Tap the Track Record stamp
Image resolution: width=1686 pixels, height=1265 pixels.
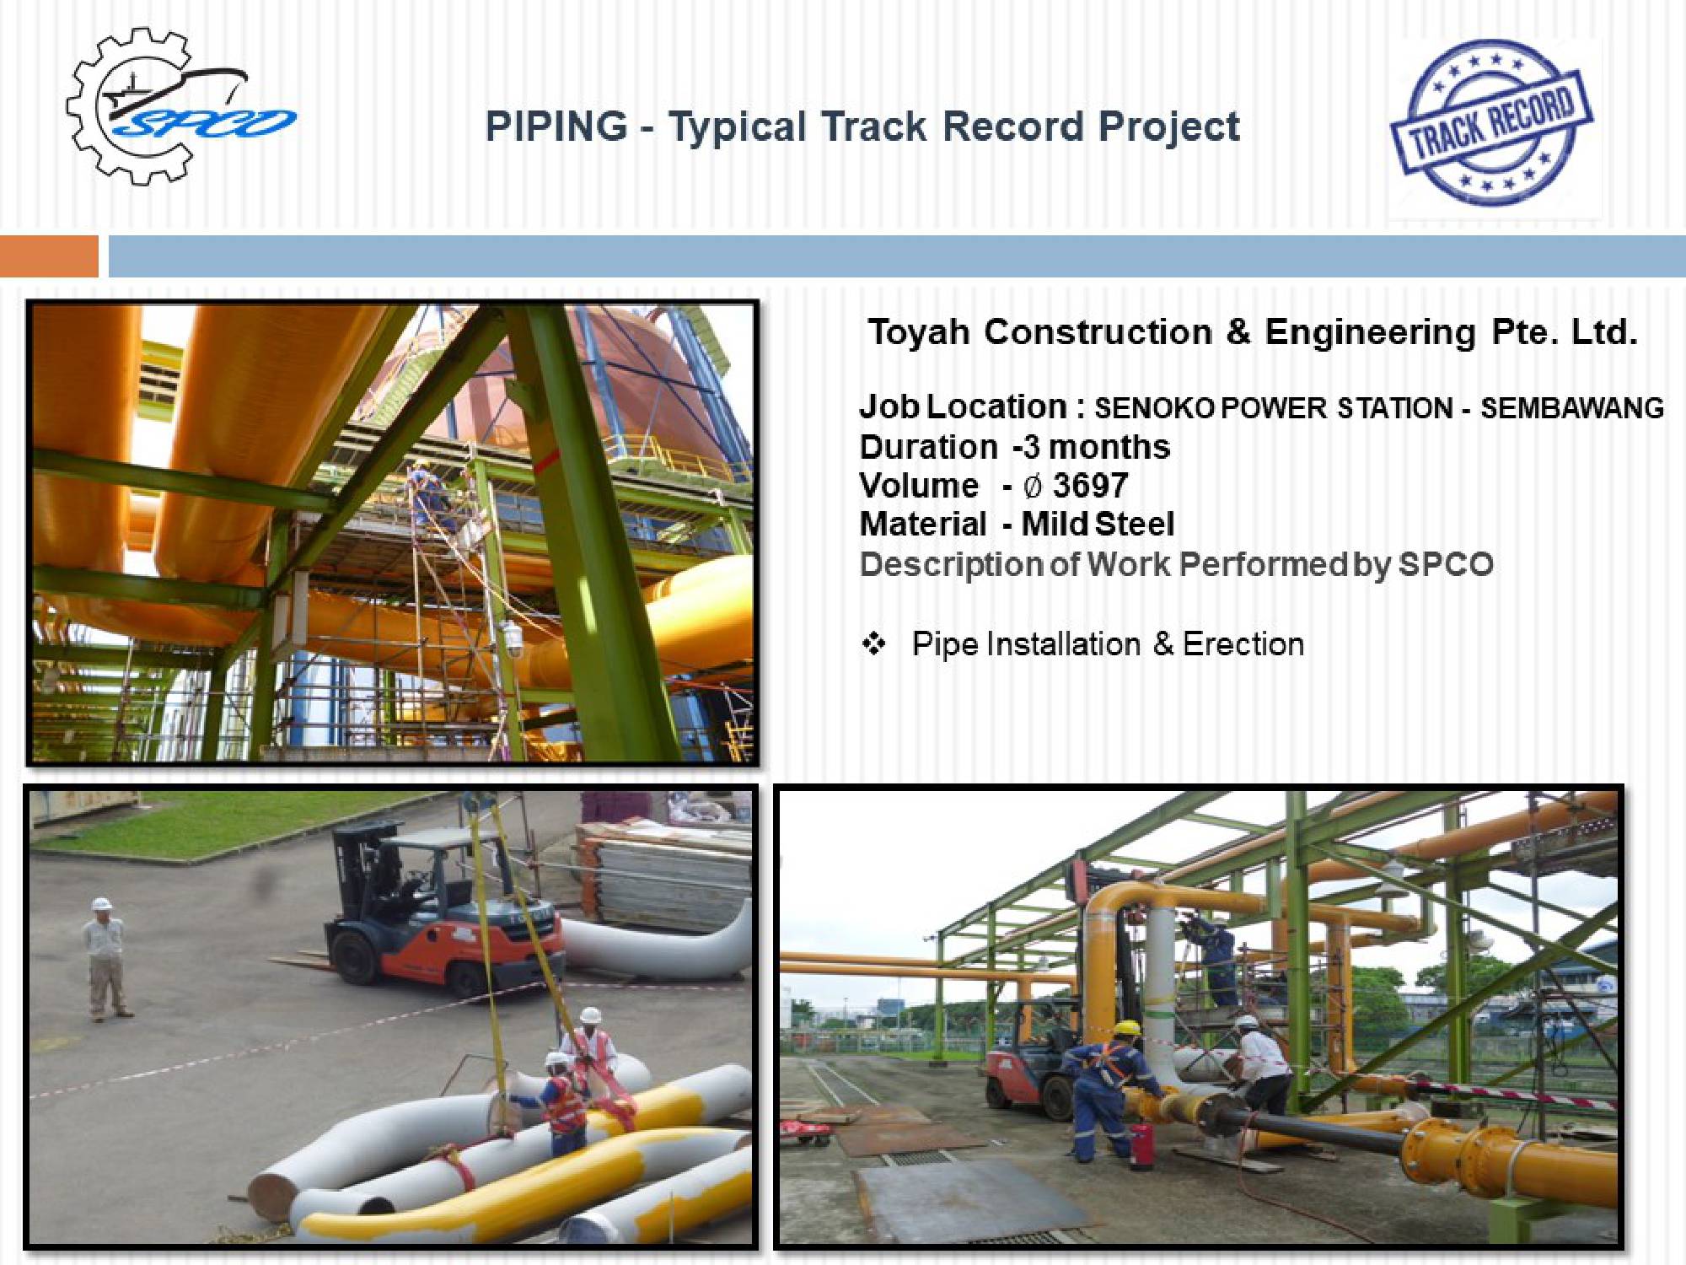pyautogui.click(x=1491, y=122)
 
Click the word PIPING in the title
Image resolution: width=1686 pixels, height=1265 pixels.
pyautogui.click(x=556, y=126)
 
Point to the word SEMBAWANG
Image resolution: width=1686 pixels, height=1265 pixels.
pyautogui.click(x=1572, y=408)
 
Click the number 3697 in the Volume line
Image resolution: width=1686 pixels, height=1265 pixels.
pyautogui.click(x=1090, y=486)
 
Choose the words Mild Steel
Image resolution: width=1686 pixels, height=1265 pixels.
pyautogui.click(x=1098, y=525)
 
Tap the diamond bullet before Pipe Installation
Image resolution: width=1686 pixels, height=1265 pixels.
pyautogui.click(x=873, y=644)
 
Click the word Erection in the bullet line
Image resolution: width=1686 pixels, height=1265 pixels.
pyautogui.click(x=1243, y=644)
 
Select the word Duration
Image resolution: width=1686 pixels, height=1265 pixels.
pyautogui.click(x=928, y=447)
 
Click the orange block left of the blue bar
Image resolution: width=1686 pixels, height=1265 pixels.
pyautogui.click(x=49, y=256)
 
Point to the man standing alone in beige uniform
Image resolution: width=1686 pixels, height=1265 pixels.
pyautogui.click(x=105, y=960)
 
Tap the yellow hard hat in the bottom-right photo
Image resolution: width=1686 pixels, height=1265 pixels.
pyautogui.click(x=1127, y=1029)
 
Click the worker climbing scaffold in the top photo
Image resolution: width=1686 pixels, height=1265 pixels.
pyautogui.click(x=430, y=498)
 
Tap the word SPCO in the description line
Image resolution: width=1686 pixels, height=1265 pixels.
pyautogui.click(x=1446, y=564)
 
